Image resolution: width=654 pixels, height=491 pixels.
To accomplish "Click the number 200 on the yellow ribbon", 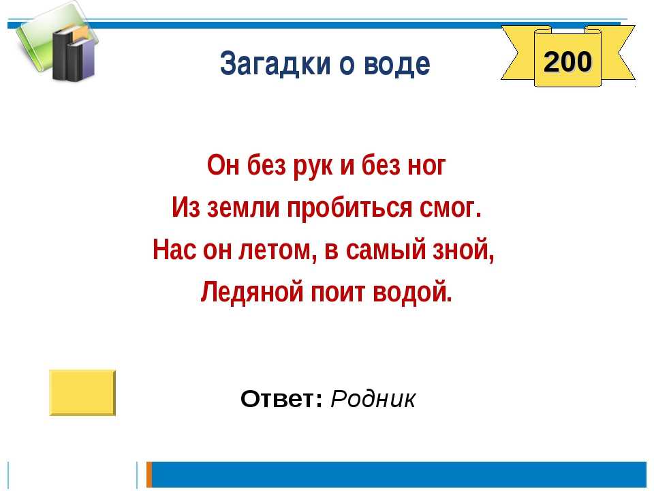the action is [x=567, y=61].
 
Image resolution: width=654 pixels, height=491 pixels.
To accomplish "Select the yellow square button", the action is [x=82, y=393].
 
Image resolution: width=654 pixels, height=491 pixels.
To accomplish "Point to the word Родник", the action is [x=373, y=399].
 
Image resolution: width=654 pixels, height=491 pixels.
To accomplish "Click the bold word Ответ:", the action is [x=281, y=399].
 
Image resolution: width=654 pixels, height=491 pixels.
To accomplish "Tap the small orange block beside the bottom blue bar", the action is [x=149, y=475].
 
